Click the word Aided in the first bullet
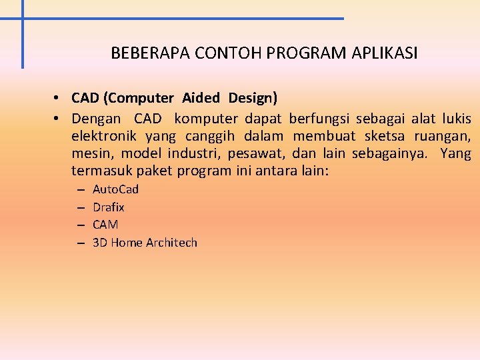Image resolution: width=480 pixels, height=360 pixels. (x=201, y=98)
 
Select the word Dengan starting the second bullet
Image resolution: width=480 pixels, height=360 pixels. (x=97, y=119)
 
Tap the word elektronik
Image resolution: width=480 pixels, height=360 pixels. (x=103, y=136)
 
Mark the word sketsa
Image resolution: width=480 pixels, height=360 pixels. (x=385, y=136)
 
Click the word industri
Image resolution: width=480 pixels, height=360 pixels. (x=193, y=153)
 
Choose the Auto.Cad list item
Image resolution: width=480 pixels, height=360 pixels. (x=115, y=189)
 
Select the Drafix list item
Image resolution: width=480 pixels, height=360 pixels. (x=108, y=207)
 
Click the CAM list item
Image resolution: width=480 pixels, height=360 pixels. (x=105, y=225)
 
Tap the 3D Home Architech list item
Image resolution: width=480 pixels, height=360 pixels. (x=145, y=243)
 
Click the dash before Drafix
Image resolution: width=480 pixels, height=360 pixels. (x=79, y=208)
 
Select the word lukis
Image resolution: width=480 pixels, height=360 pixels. (x=457, y=119)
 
